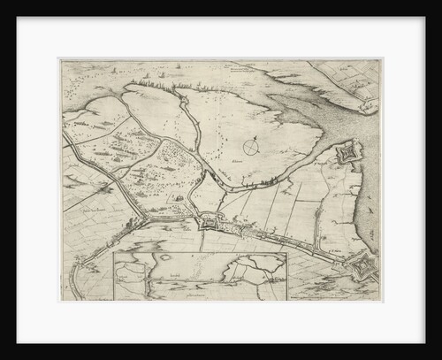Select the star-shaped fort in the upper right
[x=346, y=156]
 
